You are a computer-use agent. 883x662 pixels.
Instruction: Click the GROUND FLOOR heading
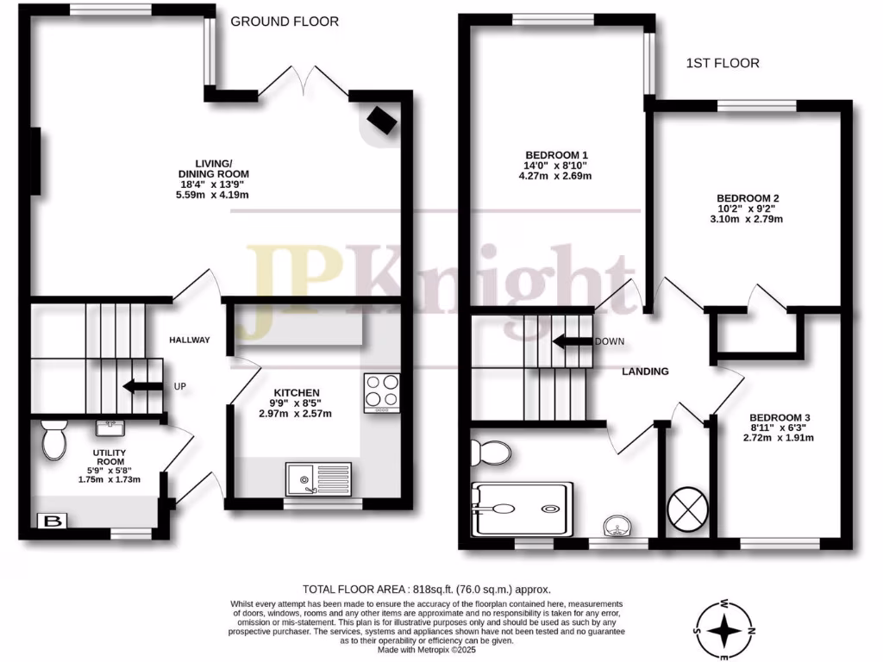[x=285, y=22]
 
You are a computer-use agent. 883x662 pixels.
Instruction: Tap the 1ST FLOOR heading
[x=723, y=63]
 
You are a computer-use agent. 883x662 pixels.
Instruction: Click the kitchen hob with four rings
[x=381, y=391]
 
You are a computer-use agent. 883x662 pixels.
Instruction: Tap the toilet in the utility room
[x=54, y=440]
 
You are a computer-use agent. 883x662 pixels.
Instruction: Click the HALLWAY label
[x=189, y=340]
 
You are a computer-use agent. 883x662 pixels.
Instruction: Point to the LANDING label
[x=646, y=372]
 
